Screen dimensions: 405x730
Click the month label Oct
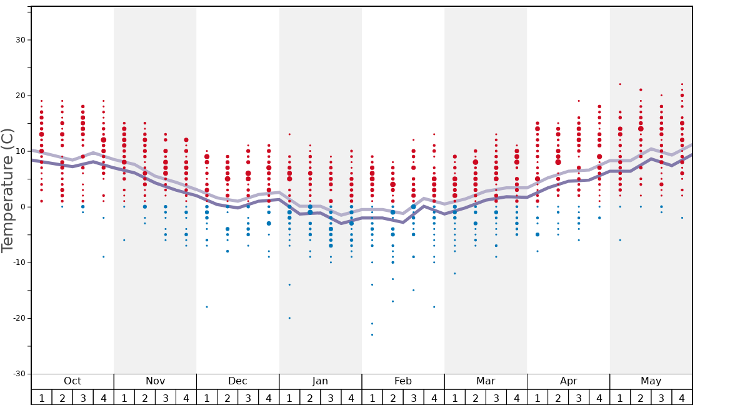[x=72, y=381]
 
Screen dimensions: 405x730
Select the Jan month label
[x=320, y=381]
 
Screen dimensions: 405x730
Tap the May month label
[x=651, y=381]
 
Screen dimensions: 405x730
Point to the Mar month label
[x=486, y=381]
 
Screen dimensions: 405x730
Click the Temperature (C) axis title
[x=7, y=191]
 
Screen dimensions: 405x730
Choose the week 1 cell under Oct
[x=41, y=397]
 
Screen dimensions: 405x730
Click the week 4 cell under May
[x=681, y=397]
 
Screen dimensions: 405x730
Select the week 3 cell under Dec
[x=248, y=397]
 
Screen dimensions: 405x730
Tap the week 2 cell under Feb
[x=392, y=397]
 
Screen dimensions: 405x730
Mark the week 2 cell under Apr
[x=557, y=397]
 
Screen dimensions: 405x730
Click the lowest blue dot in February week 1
[x=372, y=335]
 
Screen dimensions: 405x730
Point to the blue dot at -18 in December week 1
[x=207, y=307]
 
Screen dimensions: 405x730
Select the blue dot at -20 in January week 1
[x=289, y=318]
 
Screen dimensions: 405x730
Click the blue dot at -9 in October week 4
[x=104, y=257]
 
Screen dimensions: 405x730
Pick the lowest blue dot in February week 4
[x=434, y=307]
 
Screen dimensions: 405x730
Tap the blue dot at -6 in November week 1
[x=124, y=240]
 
